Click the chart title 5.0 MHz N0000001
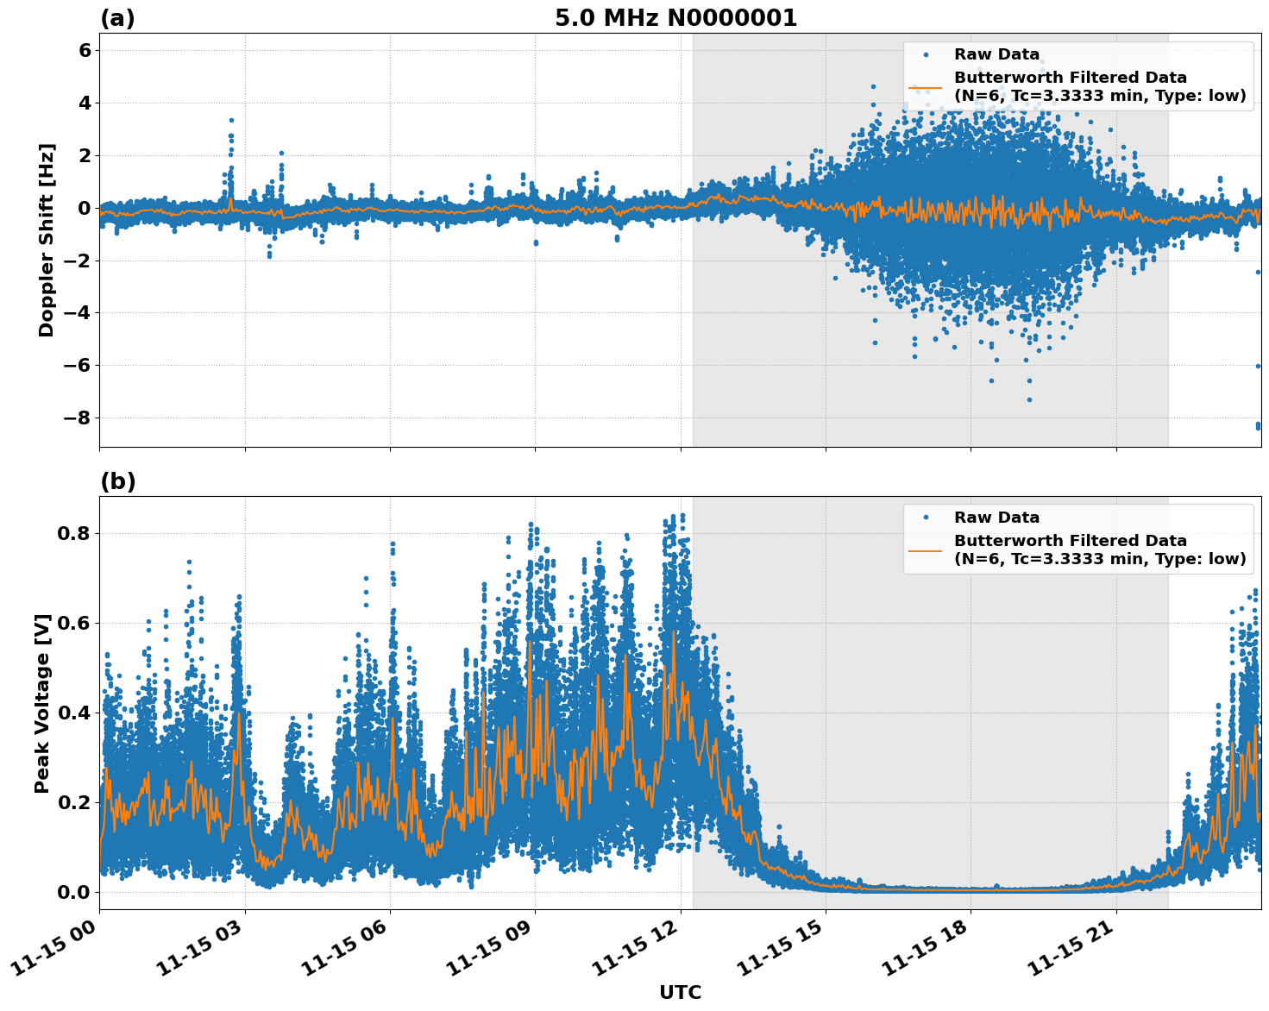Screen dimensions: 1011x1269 675,18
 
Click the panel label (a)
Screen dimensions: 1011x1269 117,18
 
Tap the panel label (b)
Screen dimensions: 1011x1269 117,481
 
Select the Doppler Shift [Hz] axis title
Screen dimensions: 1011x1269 47,240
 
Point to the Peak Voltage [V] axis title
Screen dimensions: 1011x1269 42,703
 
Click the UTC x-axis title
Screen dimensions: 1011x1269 680,992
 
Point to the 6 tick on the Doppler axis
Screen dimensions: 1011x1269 85,51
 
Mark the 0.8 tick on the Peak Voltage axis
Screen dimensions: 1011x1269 74,533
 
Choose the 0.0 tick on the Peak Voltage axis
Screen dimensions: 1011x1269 74,892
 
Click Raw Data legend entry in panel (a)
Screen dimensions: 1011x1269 996,54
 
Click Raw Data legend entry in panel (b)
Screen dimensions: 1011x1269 996,518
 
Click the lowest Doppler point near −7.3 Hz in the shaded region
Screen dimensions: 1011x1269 1029,399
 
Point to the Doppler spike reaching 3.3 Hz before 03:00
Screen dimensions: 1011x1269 231,121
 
